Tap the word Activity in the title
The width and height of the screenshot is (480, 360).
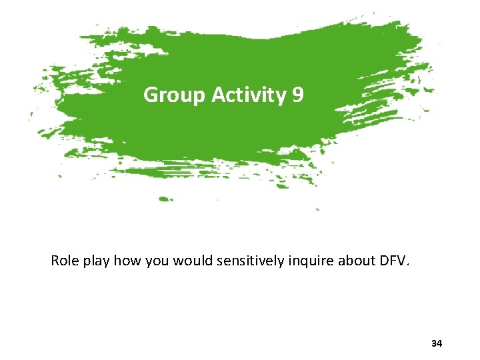[x=249, y=96]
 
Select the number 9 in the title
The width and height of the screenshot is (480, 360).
[x=298, y=95]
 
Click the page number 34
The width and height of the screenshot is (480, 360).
[x=437, y=343]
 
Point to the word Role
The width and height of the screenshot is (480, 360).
[x=65, y=261]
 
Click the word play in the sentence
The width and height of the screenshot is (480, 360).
[x=97, y=261]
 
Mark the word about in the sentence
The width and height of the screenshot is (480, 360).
[x=354, y=261]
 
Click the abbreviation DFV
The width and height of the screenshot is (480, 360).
[x=392, y=261]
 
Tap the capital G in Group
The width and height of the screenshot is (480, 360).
[x=151, y=96]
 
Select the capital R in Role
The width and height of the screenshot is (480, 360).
[x=55, y=261]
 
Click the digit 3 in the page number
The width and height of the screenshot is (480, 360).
[x=434, y=343]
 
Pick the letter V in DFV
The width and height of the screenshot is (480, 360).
[x=403, y=261]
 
